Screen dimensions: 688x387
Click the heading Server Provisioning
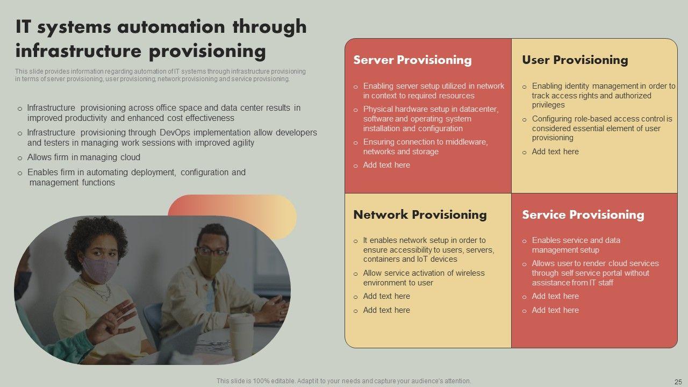pos(412,60)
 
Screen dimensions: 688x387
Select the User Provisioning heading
pos(575,60)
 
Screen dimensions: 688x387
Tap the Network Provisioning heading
pos(420,214)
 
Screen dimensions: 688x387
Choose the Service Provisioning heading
pos(583,214)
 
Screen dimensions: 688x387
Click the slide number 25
pos(678,382)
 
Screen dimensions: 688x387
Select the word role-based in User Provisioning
pos(574,119)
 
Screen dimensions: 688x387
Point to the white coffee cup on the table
pos(241,336)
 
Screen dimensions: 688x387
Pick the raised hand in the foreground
pos(113,323)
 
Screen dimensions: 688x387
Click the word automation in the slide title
pos(171,27)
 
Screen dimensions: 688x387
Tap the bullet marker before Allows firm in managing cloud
pos(20,159)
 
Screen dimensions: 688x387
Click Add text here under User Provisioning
pos(555,152)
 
